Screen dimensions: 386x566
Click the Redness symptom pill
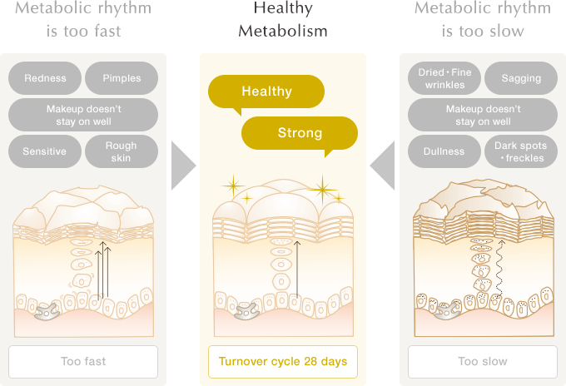[x=45, y=78]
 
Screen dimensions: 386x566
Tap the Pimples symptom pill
[x=122, y=78]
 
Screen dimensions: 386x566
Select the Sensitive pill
[x=45, y=151]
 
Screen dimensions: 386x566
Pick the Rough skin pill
[x=122, y=151]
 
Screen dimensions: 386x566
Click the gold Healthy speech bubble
[x=266, y=92]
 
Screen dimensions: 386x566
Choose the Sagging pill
[x=521, y=78]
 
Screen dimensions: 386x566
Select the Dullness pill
[x=444, y=151]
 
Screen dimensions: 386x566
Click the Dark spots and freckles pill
[x=521, y=151]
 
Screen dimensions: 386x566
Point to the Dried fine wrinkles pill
[x=444, y=78]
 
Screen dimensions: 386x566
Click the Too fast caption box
[x=83, y=362]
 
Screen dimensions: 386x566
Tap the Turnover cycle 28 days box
[x=283, y=362]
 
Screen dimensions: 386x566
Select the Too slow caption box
[x=483, y=362]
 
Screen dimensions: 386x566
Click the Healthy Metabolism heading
[x=283, y=20]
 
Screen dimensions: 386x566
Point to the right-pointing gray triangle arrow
[x=182, y=166]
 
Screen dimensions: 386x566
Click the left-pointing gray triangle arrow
[x=383, y=166]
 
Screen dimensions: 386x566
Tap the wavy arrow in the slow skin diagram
[x=499, y=270]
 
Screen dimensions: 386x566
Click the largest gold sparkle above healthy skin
[x=321, y=190]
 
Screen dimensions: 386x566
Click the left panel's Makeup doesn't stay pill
[x=83, y=115]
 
